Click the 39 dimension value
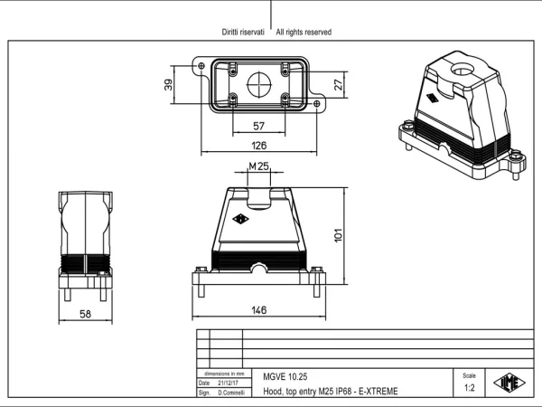point(168,85)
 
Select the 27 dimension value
point(339,84)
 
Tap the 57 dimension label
point(259,126)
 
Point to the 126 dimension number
point(259,146)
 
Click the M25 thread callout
point(259,166)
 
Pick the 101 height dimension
point(339,235)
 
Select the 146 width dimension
point(259,309)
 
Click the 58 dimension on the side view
point(86,314)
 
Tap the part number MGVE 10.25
point(285,376)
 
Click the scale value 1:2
point(469,388)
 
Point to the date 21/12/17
point(228,383)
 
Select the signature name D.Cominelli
point(231,393)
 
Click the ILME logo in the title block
point(509,383)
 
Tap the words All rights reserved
point(304,33)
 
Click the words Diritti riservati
point(243,33)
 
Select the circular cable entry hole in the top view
point(259,84)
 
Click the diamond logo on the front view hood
point(240,219)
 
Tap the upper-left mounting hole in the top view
point(201,65)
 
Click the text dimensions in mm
point(224,374)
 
